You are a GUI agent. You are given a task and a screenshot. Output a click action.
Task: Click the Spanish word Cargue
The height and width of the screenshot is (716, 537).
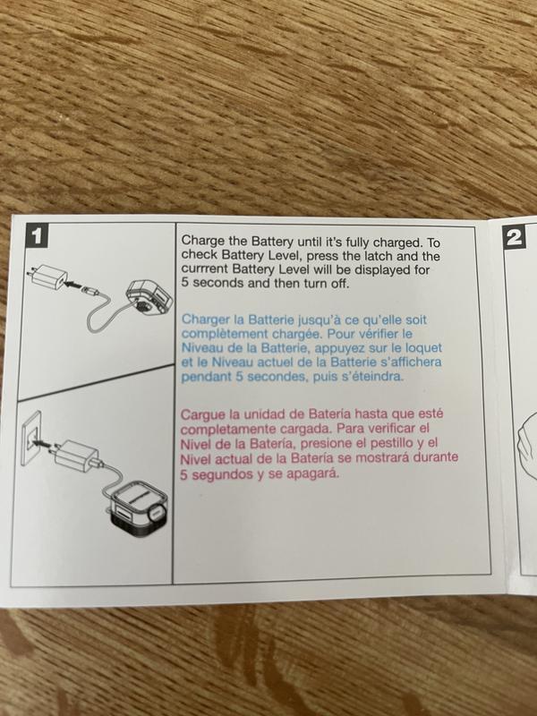pyautogui.click(x=204, y=415)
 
